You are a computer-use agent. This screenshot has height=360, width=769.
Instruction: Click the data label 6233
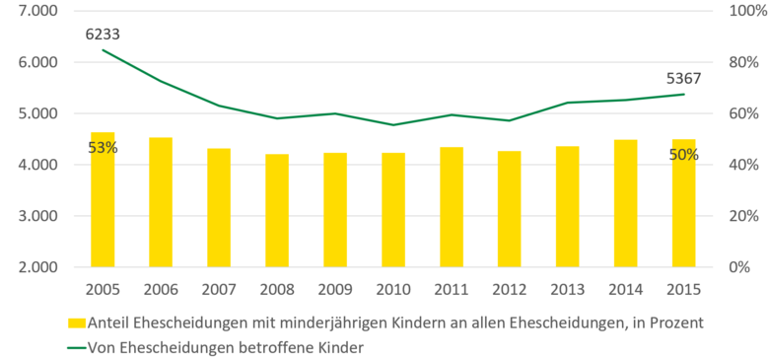tap(103, 34)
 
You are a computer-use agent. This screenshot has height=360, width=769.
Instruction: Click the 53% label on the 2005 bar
tap(103, 148)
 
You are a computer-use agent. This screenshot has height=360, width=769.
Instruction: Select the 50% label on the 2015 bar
tap(683, 154)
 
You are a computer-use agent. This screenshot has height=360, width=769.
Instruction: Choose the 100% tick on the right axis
tap(740, 11)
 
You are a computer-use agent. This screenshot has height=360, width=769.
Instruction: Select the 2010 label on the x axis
tap(393, 291)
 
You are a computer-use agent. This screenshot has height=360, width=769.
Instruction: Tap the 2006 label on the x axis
tap(161, 291)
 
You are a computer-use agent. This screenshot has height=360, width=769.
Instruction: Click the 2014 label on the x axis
tap(625, 291)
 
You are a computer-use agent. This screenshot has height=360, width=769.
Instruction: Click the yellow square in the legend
tap(76, 322)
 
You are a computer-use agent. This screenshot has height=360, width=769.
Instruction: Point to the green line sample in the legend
tap(76, 346)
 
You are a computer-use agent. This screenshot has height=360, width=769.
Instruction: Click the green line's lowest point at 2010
tap(393, 125)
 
